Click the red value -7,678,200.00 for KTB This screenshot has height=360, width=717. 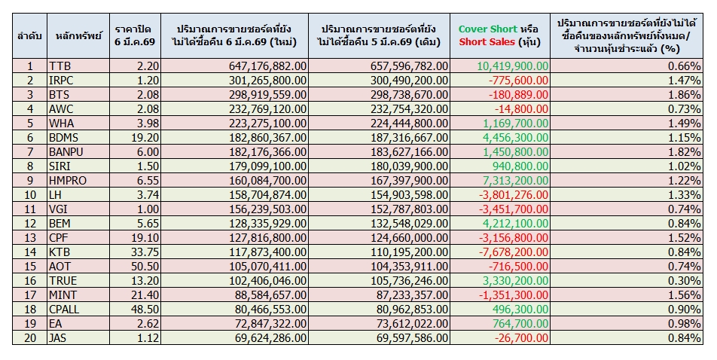pyautogui.click(x=514, y=252)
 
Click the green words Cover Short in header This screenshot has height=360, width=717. pyautogui.click(x=487, y=29)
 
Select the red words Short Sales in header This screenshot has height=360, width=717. pyautogui.click(x=487, y=41)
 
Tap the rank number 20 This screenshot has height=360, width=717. pyautogui.click(x=29, y=338)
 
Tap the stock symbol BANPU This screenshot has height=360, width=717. pyautogui.click(x=66, y=152)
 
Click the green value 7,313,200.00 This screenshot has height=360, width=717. pyautogui.click(x=515, y=181)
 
